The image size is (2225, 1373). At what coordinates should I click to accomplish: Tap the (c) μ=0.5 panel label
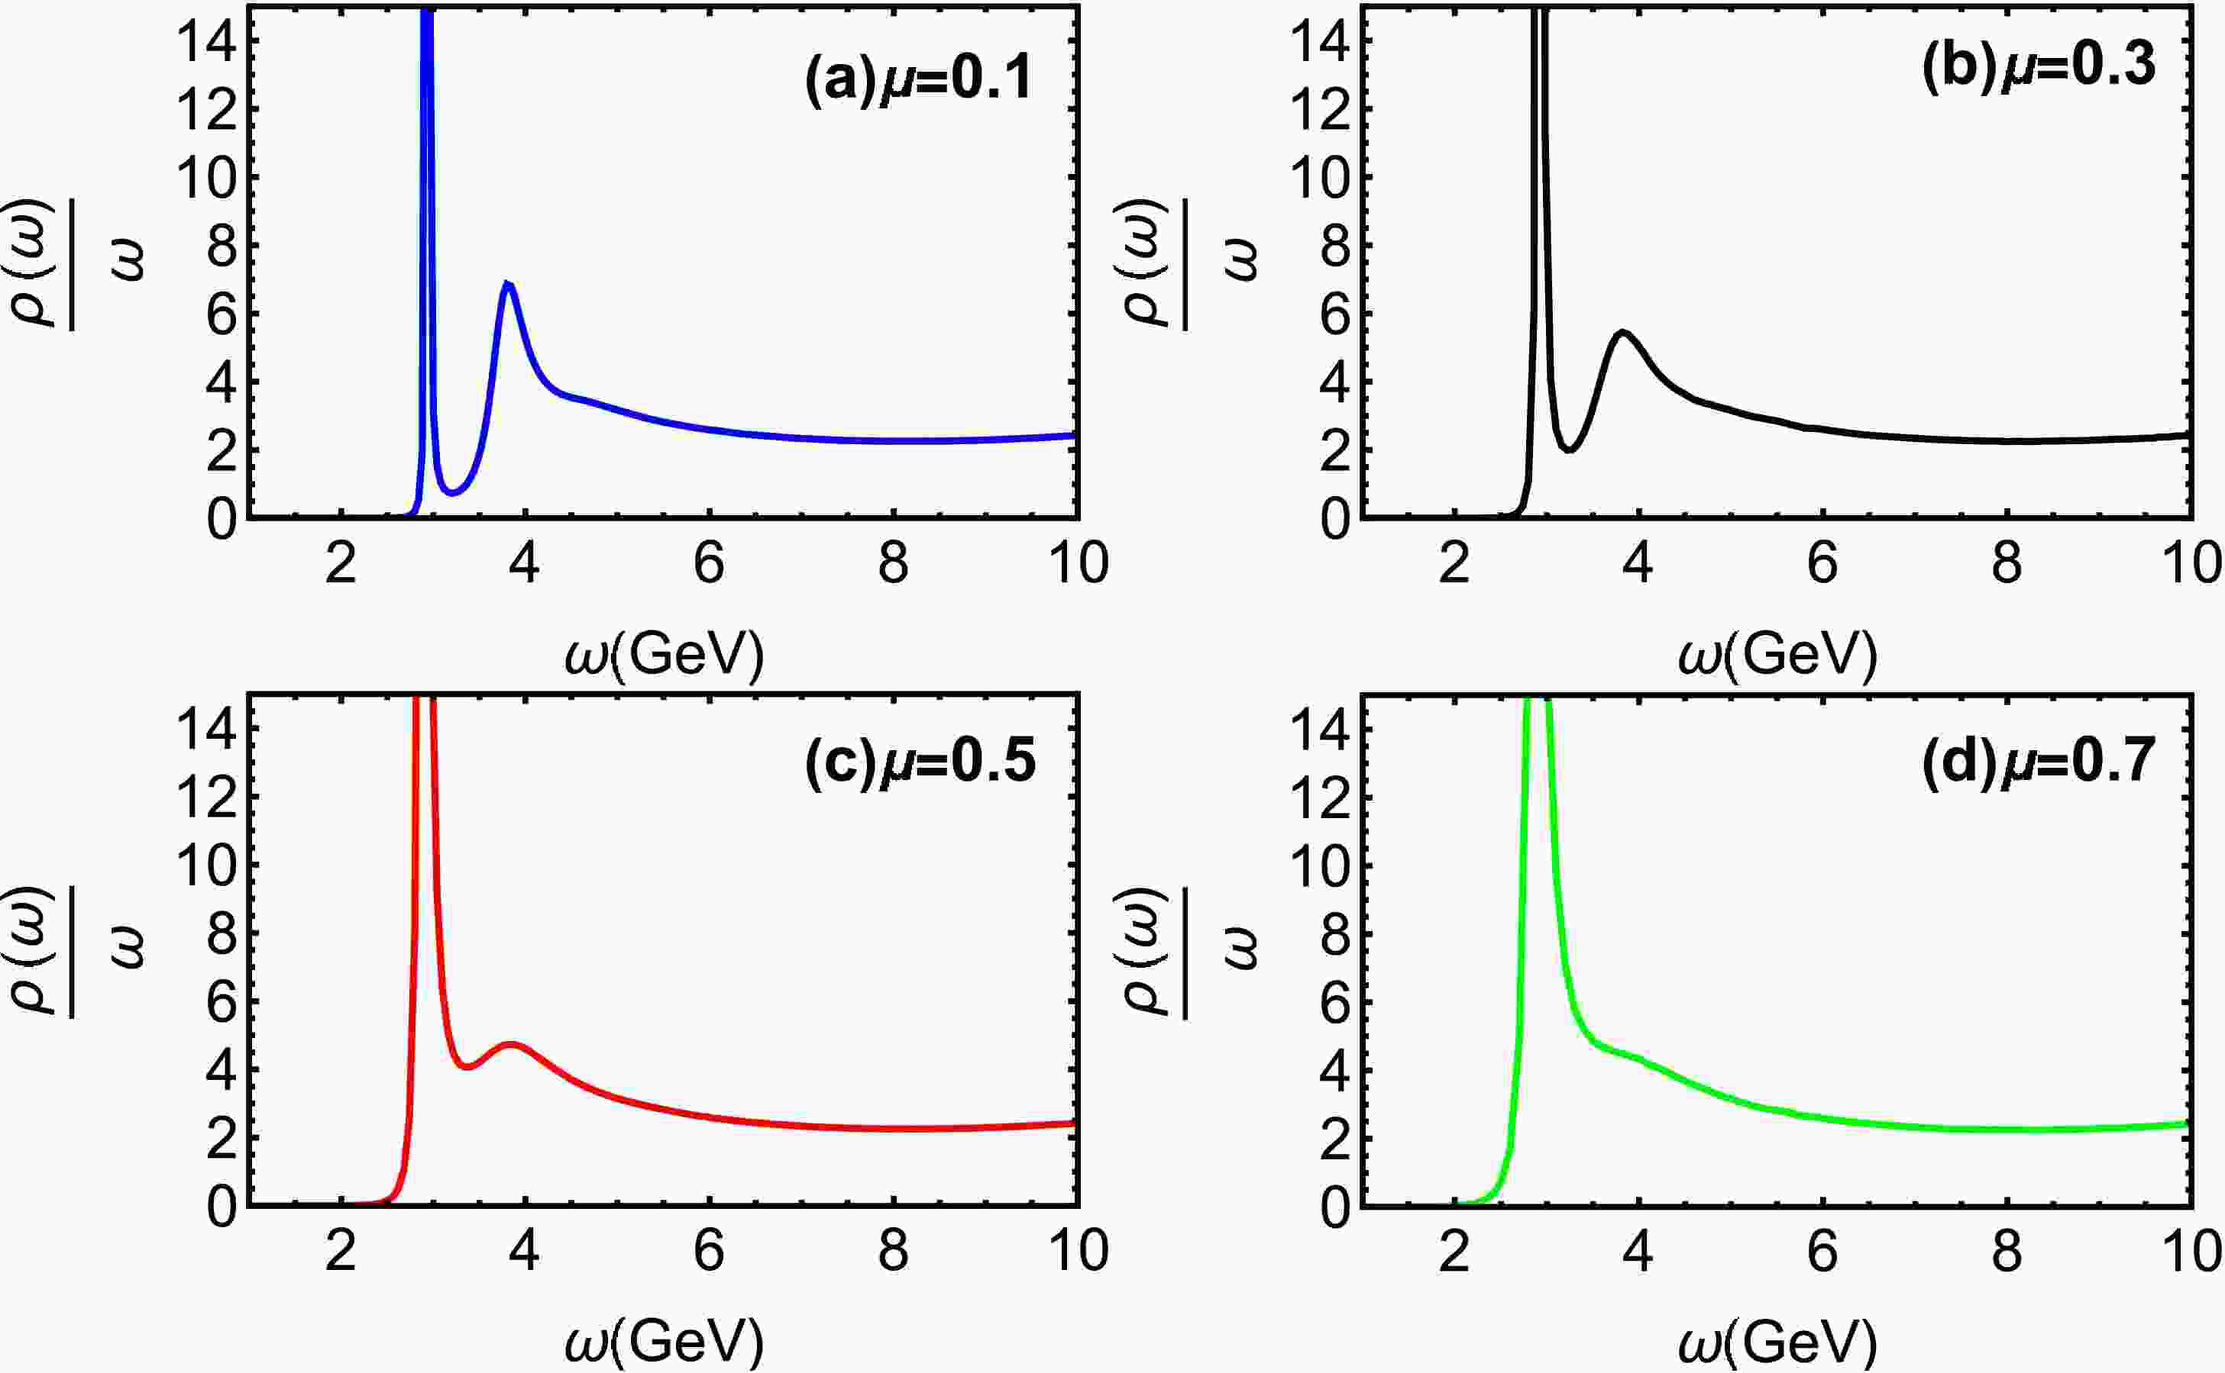tap(920, 761)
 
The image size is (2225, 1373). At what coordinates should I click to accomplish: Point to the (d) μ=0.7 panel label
tap(2038, 761)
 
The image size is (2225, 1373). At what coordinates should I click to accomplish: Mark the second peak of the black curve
tap(1622, 332)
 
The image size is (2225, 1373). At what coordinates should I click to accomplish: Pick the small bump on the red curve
tap(513, 1045)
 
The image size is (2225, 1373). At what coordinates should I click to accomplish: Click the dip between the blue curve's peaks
tap(454, 492)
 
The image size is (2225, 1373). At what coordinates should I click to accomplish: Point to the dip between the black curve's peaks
tap(1568, 449)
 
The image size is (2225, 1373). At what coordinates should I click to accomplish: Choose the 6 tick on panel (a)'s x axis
tap(709, 565)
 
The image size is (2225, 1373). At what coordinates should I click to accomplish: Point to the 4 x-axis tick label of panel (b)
tap(1638, 565)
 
